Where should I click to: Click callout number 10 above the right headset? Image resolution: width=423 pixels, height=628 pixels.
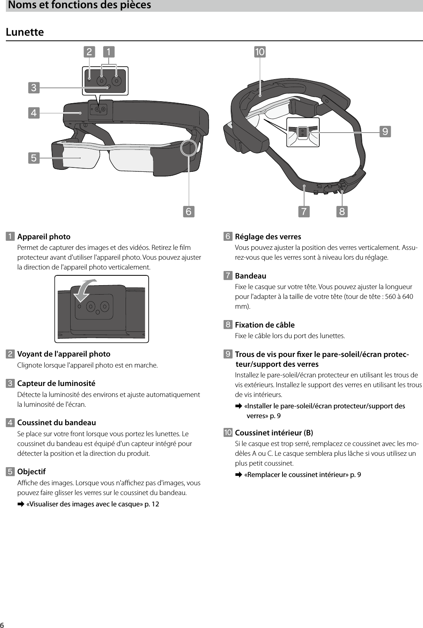pos(260,52)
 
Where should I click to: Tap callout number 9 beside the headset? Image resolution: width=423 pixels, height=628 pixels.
pos(385,131)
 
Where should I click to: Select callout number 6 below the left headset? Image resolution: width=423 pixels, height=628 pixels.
pos(188,211)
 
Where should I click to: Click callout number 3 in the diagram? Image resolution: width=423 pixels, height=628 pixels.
pos(34,87)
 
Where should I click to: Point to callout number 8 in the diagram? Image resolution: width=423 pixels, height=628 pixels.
pos(342,211)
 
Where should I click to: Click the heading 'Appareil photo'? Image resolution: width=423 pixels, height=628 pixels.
pos(44,237)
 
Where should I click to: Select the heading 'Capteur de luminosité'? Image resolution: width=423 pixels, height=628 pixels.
pos(56,383)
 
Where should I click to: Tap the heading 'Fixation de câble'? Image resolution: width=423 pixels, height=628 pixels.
pos(264,325)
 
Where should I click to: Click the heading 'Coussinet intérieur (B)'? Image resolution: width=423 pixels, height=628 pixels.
pos(274,433)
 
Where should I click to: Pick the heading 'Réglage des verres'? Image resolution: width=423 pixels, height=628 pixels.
pos(268,237)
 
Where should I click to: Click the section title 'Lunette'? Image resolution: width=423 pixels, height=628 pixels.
pos(25,32)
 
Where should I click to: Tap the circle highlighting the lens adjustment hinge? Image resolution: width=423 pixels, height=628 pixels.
pos(189,148)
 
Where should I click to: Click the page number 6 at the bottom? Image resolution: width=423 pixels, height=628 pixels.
pos(2,624)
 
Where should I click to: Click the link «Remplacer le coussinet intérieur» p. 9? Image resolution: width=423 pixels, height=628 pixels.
pos(302,475)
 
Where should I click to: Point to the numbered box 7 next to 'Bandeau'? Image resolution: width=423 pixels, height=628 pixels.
pos(228,276)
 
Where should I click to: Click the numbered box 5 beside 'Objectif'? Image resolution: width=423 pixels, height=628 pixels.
pos(10,471)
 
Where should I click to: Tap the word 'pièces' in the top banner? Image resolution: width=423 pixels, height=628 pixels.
pos(135,5)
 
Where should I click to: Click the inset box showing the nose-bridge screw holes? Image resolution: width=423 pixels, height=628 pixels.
pos(303,132)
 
